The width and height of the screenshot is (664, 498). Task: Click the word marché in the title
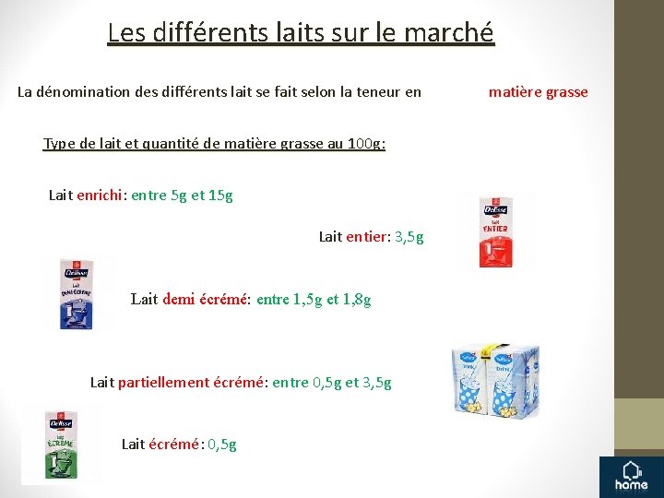tap(453, 33)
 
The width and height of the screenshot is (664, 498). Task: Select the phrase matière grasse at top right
tap(538, 91)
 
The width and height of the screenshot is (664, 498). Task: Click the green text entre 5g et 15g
tap(183, 195)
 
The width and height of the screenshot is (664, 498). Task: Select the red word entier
tap(367, 237)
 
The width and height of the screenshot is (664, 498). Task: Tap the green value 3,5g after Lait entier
tap(409, 237)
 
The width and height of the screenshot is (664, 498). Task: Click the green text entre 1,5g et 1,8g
tap(314, 299)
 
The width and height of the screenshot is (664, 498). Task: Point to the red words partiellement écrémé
tap(191, 382)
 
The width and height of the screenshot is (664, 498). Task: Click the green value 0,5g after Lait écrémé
tap(222, 444)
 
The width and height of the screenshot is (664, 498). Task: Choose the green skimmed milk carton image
tap(61, 445)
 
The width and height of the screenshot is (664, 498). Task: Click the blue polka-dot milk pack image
tap(495, 380)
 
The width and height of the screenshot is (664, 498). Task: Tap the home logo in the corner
tap(632, 474)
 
